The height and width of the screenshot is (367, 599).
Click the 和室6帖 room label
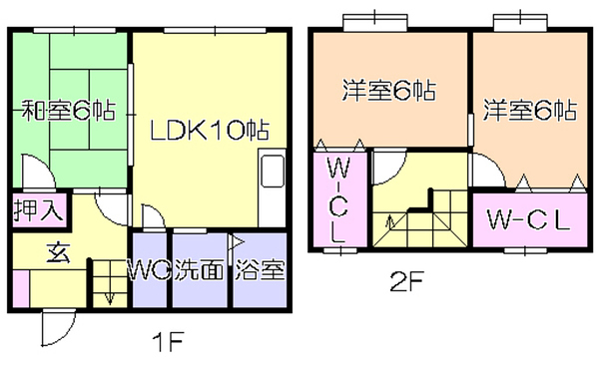(68, 111)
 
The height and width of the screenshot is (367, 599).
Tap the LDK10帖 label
(210, 130)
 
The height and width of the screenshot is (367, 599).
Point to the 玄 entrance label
(58, 253)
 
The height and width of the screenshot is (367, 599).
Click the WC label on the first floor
(149, 271)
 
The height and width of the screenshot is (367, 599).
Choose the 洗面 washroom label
(199, 271)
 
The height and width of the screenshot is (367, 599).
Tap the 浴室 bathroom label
(260, 271)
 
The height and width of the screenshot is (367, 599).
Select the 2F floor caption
(406, 282)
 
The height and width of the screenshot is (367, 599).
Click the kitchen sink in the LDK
(273, 171)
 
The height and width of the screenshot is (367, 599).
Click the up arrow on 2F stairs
(389, 221)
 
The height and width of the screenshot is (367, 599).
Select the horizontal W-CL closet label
(528, 220)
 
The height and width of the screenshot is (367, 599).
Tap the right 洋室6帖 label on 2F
(529, 110)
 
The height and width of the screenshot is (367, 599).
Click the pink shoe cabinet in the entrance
(21, 288)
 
